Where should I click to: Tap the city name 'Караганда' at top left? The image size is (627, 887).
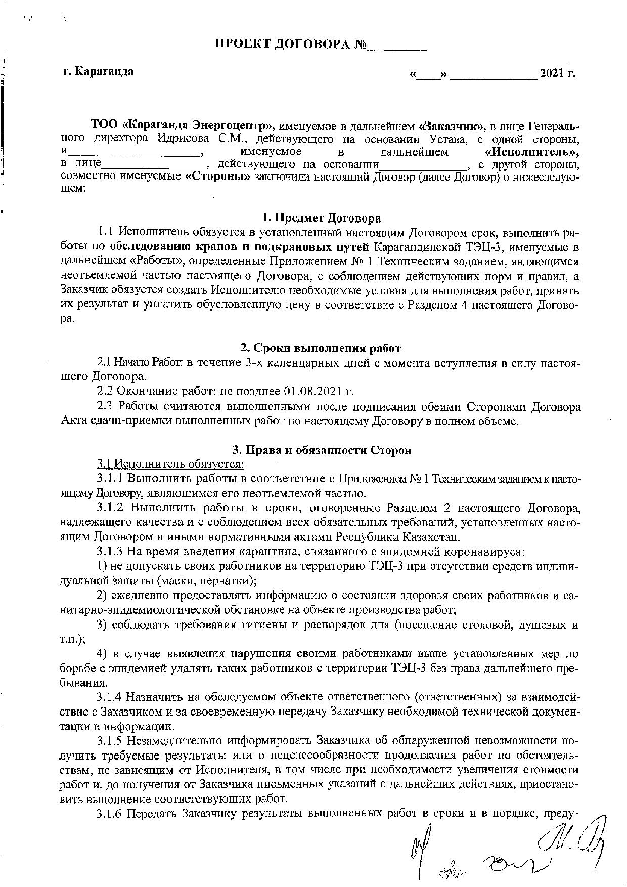pyautogui.click(x=104, y=71)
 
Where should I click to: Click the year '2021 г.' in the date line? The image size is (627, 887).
pyautogui.click(x=558, y=73)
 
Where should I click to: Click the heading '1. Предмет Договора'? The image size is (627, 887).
pyautogui.click(x=322, y=218)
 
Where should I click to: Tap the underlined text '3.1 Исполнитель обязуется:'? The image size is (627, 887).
pyautogui.click(x=171, y=463)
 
